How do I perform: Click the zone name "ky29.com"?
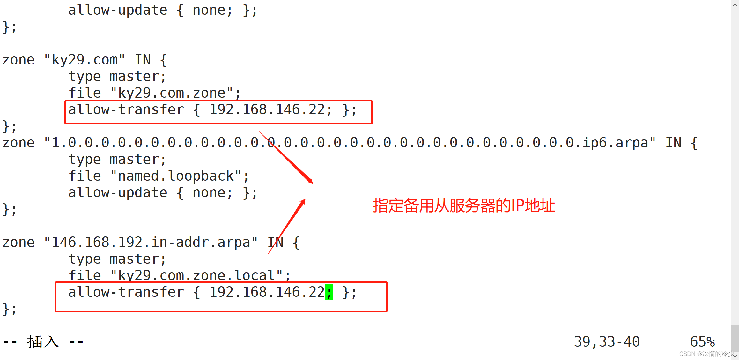85,60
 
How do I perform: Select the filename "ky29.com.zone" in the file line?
172,93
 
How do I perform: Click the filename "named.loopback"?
176,176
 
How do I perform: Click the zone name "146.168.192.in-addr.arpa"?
151,243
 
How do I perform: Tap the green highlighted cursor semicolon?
329,292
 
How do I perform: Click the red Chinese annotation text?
464,206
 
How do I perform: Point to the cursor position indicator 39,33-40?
607,342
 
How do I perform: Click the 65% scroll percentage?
702,342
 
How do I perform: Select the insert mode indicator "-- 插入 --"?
43,342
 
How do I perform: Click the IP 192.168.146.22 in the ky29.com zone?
267,110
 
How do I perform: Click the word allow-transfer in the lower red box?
126,292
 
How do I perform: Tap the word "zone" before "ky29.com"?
18,60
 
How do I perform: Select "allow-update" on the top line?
118,10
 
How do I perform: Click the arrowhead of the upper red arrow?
310,181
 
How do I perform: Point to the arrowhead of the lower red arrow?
303,202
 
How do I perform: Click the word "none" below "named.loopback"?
209,193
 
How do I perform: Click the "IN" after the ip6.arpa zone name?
673,143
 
